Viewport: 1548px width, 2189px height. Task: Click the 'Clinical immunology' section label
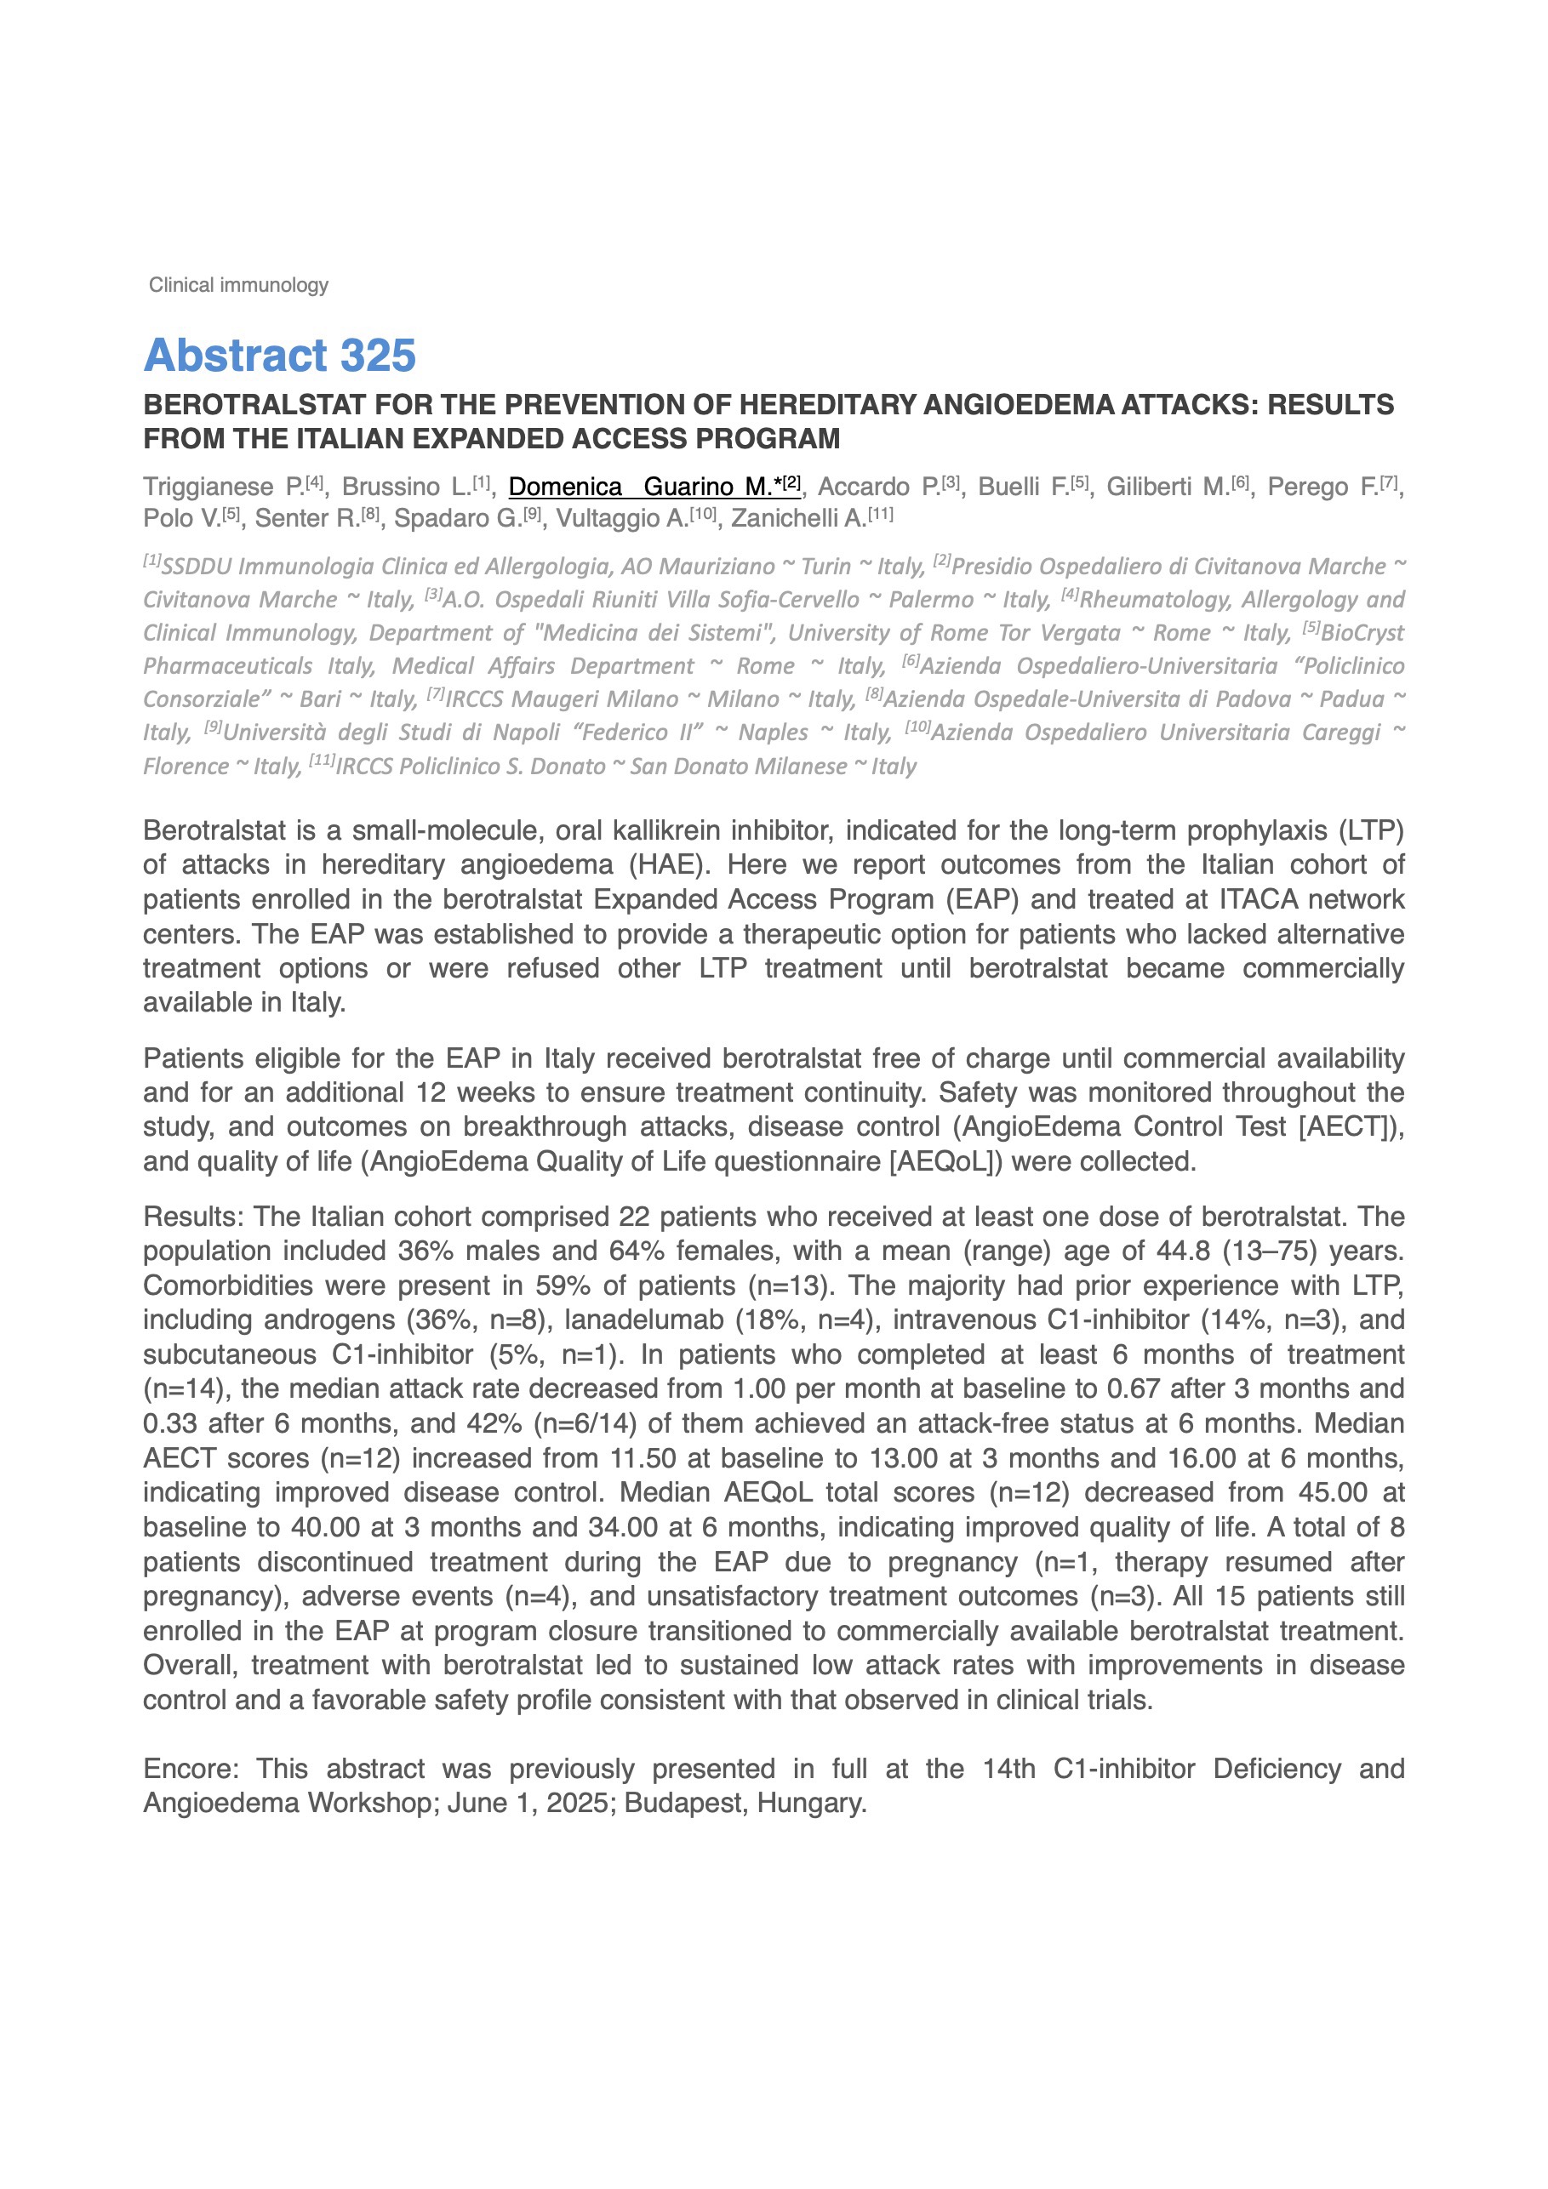[238, 285]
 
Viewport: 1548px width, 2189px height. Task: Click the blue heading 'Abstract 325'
[279, 356]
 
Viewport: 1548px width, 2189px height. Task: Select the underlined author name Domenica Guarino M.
[654, 487]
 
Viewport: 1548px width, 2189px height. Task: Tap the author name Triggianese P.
[223, 487]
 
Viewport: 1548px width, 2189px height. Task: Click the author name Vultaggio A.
[622, 519]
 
